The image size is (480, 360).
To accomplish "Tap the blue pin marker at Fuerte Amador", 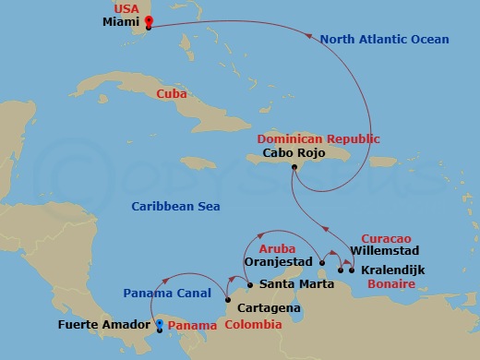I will [160, 324].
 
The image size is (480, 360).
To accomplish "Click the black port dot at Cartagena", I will [227, 298].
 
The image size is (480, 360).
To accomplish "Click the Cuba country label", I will [171, 93].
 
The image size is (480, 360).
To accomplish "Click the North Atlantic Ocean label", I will [385, 40].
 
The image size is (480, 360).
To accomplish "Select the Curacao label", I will [385, 237].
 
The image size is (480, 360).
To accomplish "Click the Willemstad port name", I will [386, 250].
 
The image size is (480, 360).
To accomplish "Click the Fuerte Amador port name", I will [104, 325].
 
